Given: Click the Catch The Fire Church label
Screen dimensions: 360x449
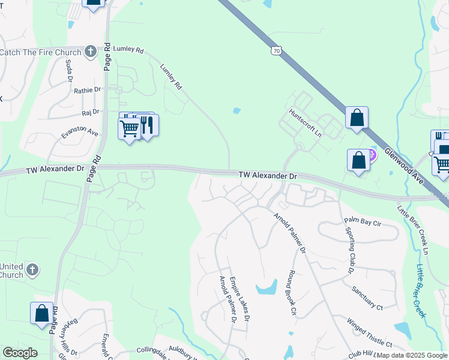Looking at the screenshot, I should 41,52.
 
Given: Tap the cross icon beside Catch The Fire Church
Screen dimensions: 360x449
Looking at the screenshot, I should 90,52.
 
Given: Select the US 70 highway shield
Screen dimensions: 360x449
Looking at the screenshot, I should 275,52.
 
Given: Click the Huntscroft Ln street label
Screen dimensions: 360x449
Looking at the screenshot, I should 306,122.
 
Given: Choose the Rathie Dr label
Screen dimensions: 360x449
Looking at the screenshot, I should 88,90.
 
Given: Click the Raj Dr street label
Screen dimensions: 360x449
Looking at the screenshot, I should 90,113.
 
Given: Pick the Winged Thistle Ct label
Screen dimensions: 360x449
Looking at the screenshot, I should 369,332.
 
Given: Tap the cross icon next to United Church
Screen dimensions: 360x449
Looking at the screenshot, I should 32,269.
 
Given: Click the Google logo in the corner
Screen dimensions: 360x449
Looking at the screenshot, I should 20,353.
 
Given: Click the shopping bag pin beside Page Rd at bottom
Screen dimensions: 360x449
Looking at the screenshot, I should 41,313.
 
